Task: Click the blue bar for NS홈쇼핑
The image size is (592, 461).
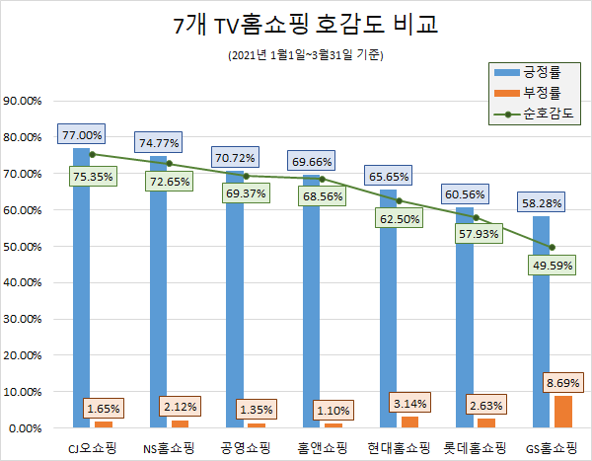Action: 158,296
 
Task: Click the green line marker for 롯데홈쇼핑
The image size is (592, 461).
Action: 476,217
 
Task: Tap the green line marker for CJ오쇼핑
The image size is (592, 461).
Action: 92,154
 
